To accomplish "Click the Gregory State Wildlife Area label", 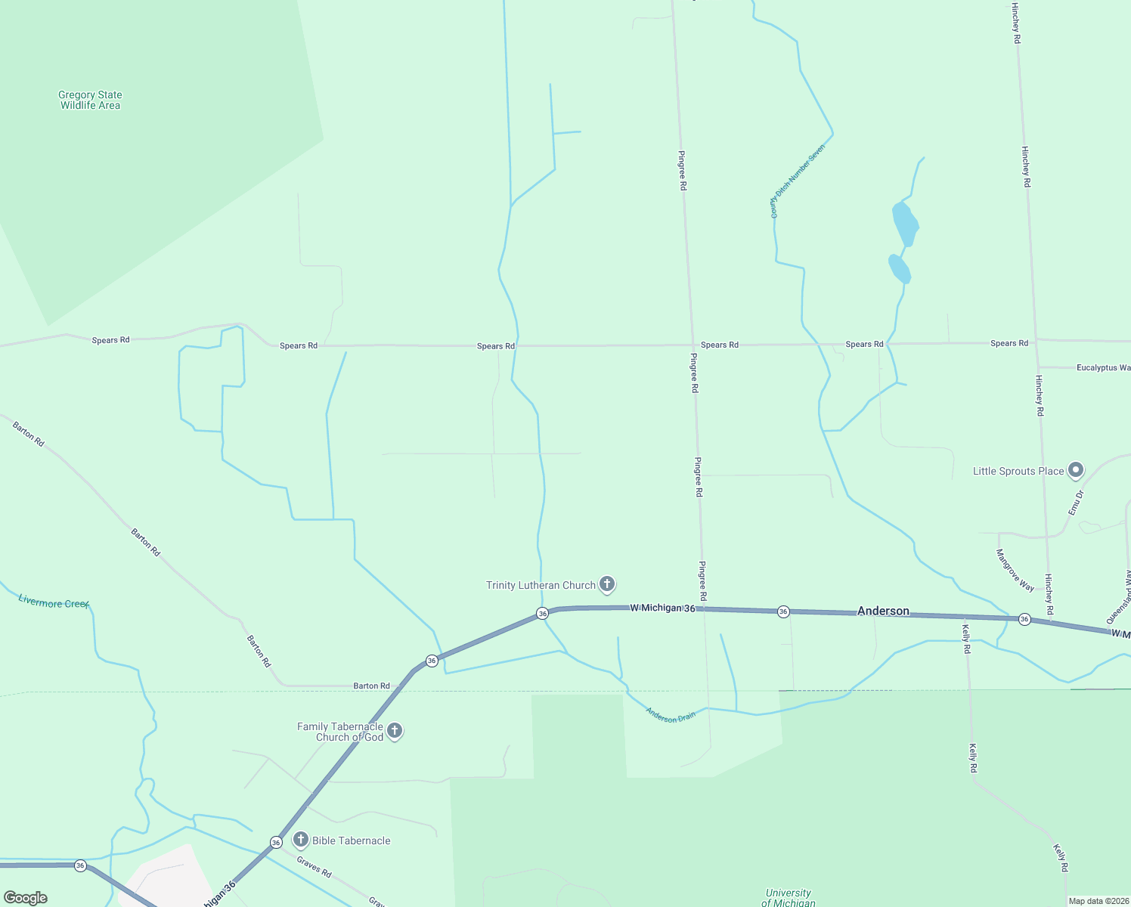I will coord(90,100).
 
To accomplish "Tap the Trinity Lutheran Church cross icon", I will coord(606,584).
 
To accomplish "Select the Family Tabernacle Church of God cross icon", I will coord(395,731).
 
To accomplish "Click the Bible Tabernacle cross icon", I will coord(301,840).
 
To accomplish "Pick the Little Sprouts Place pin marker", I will coord(1076,470).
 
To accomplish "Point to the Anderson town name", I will coord(883,611).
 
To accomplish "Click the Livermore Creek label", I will coord(54,602).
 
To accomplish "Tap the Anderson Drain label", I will coord(671,715).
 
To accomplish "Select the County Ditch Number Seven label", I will coord(797,181).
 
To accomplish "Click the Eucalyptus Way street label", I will coord(1103,367).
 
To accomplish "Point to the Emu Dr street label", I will coord(1077,503).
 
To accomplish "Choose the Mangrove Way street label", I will coord(1015,570).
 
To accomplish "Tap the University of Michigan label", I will coord(788,897).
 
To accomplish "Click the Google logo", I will coord(26,897).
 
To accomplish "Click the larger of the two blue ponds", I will coord(905,223).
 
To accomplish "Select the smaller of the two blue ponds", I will coord(899,269).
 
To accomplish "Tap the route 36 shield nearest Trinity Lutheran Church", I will coord(542,613).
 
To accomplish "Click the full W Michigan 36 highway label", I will coord(662,608).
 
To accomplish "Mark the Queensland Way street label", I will coord(1120,596).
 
